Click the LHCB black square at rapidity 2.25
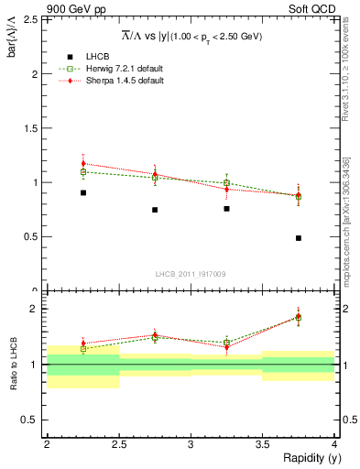[x=82, y=192]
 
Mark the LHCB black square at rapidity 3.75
[x=299, y=238]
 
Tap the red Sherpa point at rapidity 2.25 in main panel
[x=82, y=164]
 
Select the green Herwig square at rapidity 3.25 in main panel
[x=226, y=183]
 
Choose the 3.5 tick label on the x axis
[x=262, y=444]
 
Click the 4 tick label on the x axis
[x=334, y=444]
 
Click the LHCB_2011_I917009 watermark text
[x=191, y=273]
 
